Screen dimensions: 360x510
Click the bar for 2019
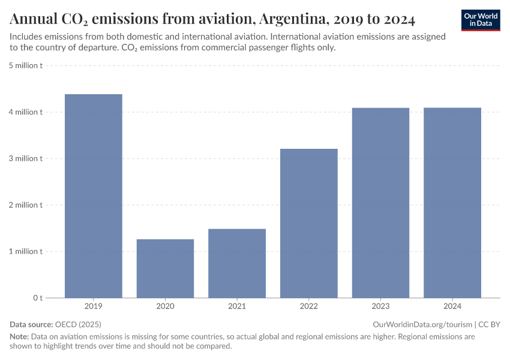[x=94, y=196]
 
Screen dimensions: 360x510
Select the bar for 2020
[x=165, y=268]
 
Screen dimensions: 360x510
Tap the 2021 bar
[x=237, y=263]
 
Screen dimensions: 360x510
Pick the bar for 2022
[x=309, y=223]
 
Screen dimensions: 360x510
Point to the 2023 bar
[x=380, y=202]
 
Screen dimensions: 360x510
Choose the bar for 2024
[x=452, y=202]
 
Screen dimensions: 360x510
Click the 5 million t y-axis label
[x=25, y=65]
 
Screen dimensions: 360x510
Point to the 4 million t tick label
[x=25, y=112]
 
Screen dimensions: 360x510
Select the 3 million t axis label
[x=25, y=158]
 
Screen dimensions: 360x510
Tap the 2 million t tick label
[x=25, y=205]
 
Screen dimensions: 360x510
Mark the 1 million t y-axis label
[x=25, y=251]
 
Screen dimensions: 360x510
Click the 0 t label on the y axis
[x=37, y=298]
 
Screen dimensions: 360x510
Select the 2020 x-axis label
[x=165, y=307]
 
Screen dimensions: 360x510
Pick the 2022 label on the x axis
[x=309, y=307]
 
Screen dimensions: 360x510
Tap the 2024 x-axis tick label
[x=452, y=307]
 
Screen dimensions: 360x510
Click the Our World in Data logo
[x=481, y=20]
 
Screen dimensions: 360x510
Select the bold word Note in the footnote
[x=19, y=337]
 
